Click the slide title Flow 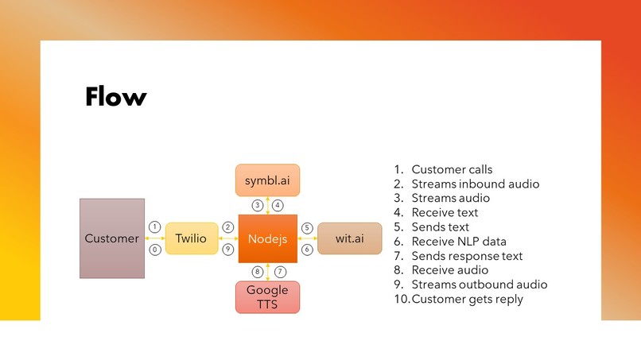116,97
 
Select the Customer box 112,238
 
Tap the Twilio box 192,238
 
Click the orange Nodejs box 268,238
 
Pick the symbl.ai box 268,180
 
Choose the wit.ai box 349,238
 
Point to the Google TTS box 268,296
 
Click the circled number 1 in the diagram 155,226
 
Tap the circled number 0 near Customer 155,250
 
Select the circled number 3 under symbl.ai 258,205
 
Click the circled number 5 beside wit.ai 307,227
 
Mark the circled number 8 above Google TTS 258,271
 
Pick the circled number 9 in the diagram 228,250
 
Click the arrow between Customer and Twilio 155,238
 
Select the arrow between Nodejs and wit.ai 307,238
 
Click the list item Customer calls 452,169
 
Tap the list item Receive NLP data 459,242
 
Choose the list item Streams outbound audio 479,285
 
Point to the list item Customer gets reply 468,299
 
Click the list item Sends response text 467,256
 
